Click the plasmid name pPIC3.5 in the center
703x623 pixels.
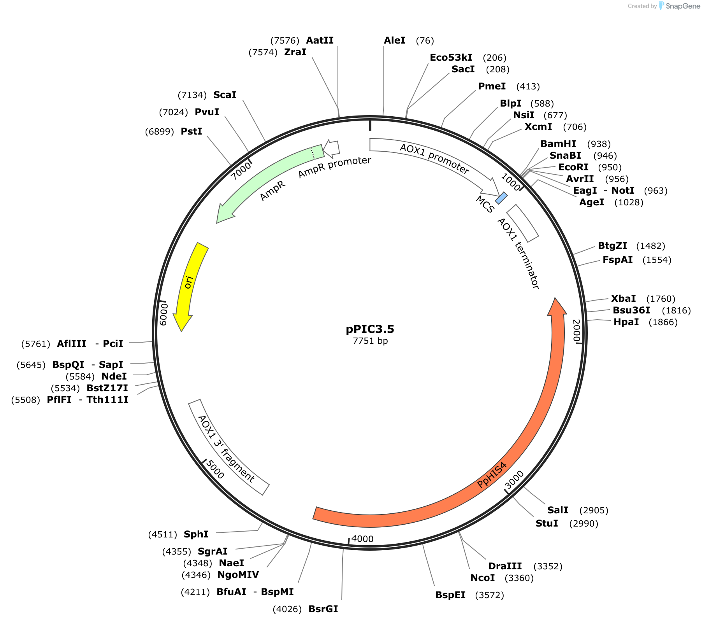(x=370, y=329)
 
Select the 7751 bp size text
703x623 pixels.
(x=370, y=341)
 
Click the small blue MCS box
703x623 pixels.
(x=501, y=198)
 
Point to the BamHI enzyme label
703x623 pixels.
(x=558, y=144)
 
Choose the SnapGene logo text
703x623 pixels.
(x=683, y=6)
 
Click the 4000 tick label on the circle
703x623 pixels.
(x=362, y=539)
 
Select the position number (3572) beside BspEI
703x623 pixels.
(x=489, y=595)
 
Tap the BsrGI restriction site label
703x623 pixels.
(x=323, y=609)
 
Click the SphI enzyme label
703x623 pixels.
(x=196, y=534)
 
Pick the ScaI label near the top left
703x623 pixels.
(x=225, y=95)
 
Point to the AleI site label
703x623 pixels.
(x=395, y=40)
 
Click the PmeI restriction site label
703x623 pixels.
(x=492, y=86)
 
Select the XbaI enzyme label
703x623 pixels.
(x=624, y=299)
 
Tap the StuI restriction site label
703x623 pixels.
(x=547, y=523)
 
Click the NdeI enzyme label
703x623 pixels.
(x=114, y=376)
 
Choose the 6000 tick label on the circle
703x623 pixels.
(x=163, y=314)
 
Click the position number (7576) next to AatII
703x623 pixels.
(x=285, y=40)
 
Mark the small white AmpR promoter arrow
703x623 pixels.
(x=331, y=148)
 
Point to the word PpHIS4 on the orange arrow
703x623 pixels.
(x=492, y=475)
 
